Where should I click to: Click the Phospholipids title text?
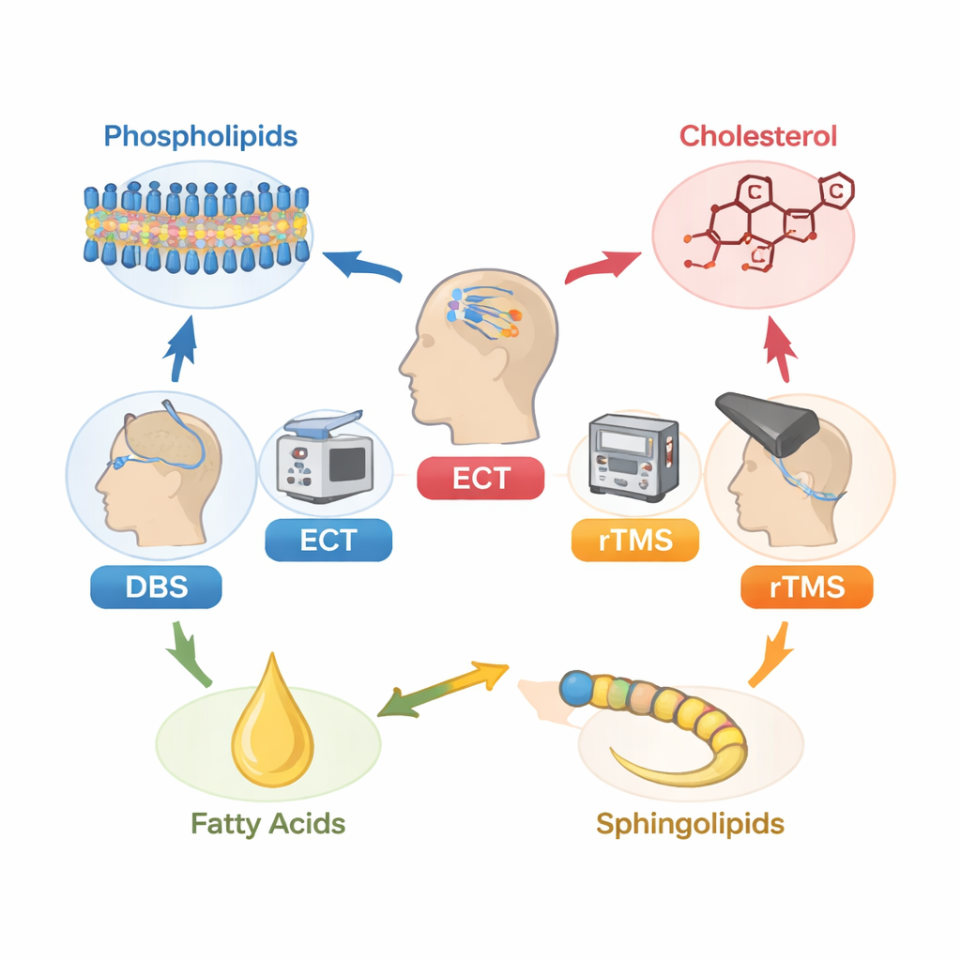click(x=200, y=136)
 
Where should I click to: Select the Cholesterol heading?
click(x=757, y=136)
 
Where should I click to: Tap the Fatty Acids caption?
click(x=268, y=824)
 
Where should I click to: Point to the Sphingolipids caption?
click(x=690, y=824)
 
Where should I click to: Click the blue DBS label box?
click(x=156, y=588)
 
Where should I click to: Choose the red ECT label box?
click(x=480, y=478)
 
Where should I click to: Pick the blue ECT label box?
click(x=328, y=541)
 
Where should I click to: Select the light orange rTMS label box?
click(x=635, y=542)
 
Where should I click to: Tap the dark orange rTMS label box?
click(x=807, y=588)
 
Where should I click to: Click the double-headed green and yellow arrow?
click(x=441, y=689)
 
